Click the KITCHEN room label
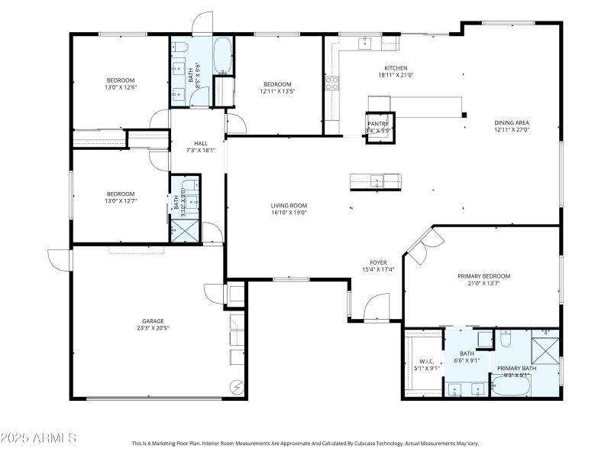[x=396, y=67]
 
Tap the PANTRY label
[x=378, y=123]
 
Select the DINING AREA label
[x=512, y=122]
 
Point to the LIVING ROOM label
[x=289, y=205]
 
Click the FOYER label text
[x=378, y=262]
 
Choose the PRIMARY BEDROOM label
[x=483, y=275]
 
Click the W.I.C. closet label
[x=426, y=361]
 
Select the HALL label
[x=201, y=143]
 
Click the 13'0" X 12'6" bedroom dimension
[x=121, y=88]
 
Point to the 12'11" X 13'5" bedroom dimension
[x=277, y=91]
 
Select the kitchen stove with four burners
[x=332, y=83]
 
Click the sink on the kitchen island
[x=376, y=181]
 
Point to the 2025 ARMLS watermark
[x=38, y=438]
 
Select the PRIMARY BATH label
[x=517, y=368]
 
